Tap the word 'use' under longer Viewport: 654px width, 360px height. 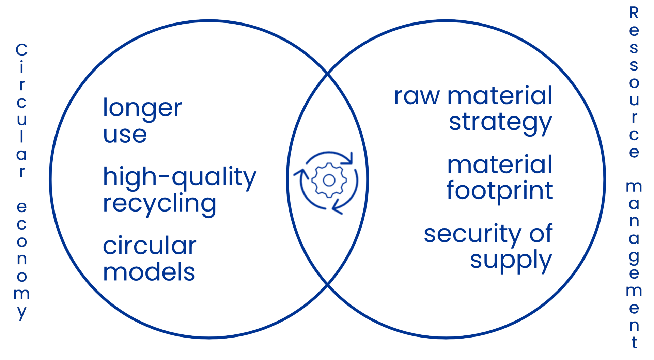tap(125, 135)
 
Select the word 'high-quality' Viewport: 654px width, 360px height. tap(180, 177)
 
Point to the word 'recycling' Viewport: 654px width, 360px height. tap(159, 204)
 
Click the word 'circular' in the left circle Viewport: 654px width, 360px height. tap(150, 246)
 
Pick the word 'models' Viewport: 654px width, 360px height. tap(149, 272)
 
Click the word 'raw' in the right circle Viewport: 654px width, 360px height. tap(417, 96)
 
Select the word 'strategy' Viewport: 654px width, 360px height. tap(500, 123)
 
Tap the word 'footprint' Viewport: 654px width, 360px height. tap(500, 191)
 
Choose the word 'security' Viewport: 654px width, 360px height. tap(472, 234)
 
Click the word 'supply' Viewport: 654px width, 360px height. tap(511, 261)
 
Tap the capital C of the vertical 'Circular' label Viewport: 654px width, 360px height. tap(21, 50)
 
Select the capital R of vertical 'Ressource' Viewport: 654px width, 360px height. tap(634, 13)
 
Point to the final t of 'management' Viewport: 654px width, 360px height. tap(634, 342)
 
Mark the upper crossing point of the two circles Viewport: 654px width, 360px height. tap(328, 73)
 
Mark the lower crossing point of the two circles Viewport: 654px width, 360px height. tap(328, 283)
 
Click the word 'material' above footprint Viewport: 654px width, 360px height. tap(500, 165)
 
